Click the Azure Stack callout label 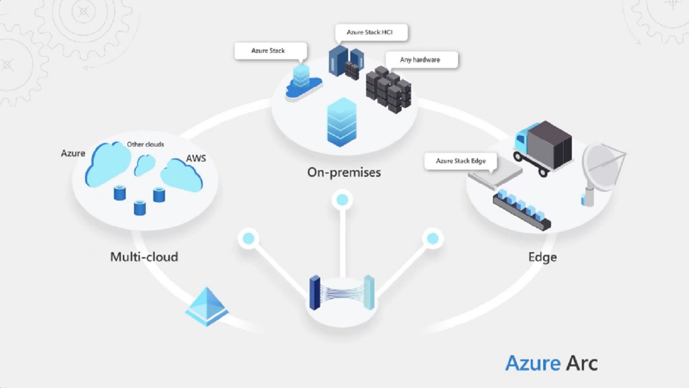[x=268, y=51]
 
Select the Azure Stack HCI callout [x=369, y=32]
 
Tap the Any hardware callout [x=420, y=60]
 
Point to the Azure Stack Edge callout [x=460, y=161]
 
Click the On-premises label [x=344, y=172]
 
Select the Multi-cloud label [x=144, y=257]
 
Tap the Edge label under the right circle [x=542, y=257]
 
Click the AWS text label [x=196, y=158]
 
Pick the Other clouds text [x=145, y=144]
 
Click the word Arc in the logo [x=581, y=363]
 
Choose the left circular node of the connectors [x=248, y=238]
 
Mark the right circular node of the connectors [x=432, y=238]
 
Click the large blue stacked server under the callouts [x=342, y=122]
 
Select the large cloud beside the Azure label [x=109, y=163]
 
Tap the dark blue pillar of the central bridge [x=314, y=293]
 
